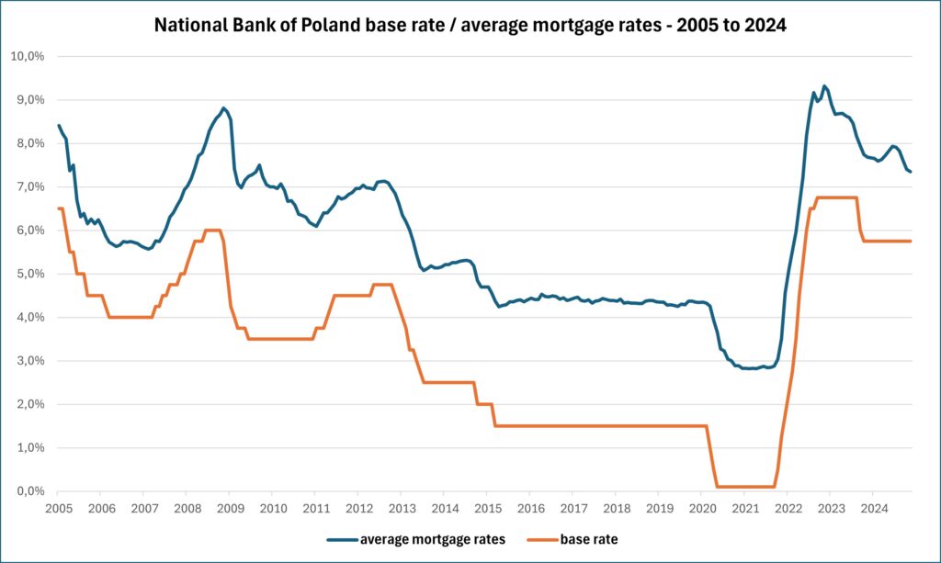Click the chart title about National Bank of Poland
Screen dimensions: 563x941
point(470,26)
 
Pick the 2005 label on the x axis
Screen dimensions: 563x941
point(57,508)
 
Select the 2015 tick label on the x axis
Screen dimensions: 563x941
point(487,508)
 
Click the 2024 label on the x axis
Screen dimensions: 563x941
point(874,508)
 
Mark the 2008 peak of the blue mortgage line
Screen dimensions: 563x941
point(223,108)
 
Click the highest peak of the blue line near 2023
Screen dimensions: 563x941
point(824,86)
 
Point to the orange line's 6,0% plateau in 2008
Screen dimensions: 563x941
point(212,231)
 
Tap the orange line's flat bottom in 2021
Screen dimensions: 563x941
point(744,487)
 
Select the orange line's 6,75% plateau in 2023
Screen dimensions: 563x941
point(836,197)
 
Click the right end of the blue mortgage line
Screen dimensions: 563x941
point(910,172)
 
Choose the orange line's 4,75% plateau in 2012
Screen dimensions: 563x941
point(382,285)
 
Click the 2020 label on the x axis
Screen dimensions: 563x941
point(702,508)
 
